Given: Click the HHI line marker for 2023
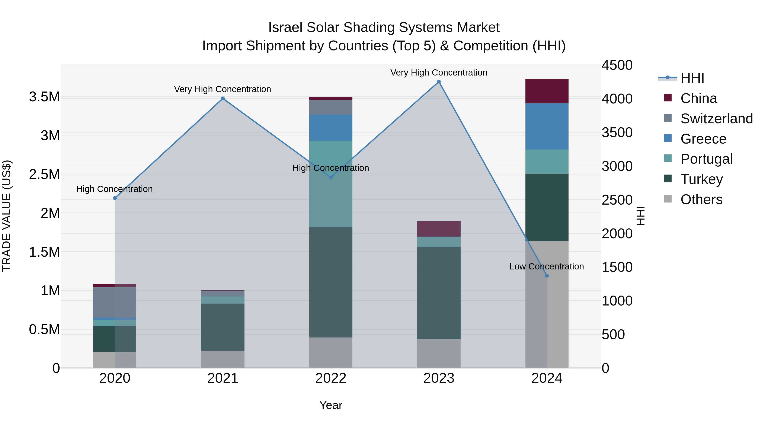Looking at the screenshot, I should [439, 82].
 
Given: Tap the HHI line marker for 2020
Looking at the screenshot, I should [115, 198].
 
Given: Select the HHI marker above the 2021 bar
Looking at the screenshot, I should [223, 98].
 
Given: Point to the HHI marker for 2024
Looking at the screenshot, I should [547, 276].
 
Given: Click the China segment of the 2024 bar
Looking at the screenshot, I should [547, 91].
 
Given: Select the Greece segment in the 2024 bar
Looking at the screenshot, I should [547, 127].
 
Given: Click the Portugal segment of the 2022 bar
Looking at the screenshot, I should [331, 184].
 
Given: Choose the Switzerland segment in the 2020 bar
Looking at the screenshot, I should [115, 302].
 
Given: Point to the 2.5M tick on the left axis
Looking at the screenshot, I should [44, 175].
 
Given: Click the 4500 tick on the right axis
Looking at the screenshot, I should [617, 65].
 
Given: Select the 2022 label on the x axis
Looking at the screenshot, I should [331, 378].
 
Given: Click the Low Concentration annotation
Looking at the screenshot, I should [547, 266].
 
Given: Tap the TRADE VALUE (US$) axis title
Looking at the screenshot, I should [7, 216].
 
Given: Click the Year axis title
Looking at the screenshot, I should [331, 405].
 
